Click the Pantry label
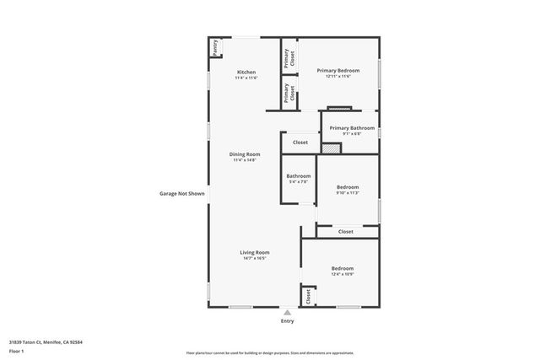click(x=215, y=47)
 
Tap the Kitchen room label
click(x=246, y=72)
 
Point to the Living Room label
click(x=254, y=252)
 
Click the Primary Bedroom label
click(x=337, y=70)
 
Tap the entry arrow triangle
click(x=287, y=311)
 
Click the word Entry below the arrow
click(x=287, y=321)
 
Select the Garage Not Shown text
click(x=182, y=193)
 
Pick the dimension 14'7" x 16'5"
click(x=254, y=258)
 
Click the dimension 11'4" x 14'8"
click(x=246, y=160)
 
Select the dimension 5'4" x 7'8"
click(x=299, y=181)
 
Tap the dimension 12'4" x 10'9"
click(x=342, y=274)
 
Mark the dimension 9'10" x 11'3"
click(x=348, y=193)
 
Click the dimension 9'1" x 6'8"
click(x=352, y=133)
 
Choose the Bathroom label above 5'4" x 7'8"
click(x=299, y=175)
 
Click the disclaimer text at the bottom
click(x=270, y=353)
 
